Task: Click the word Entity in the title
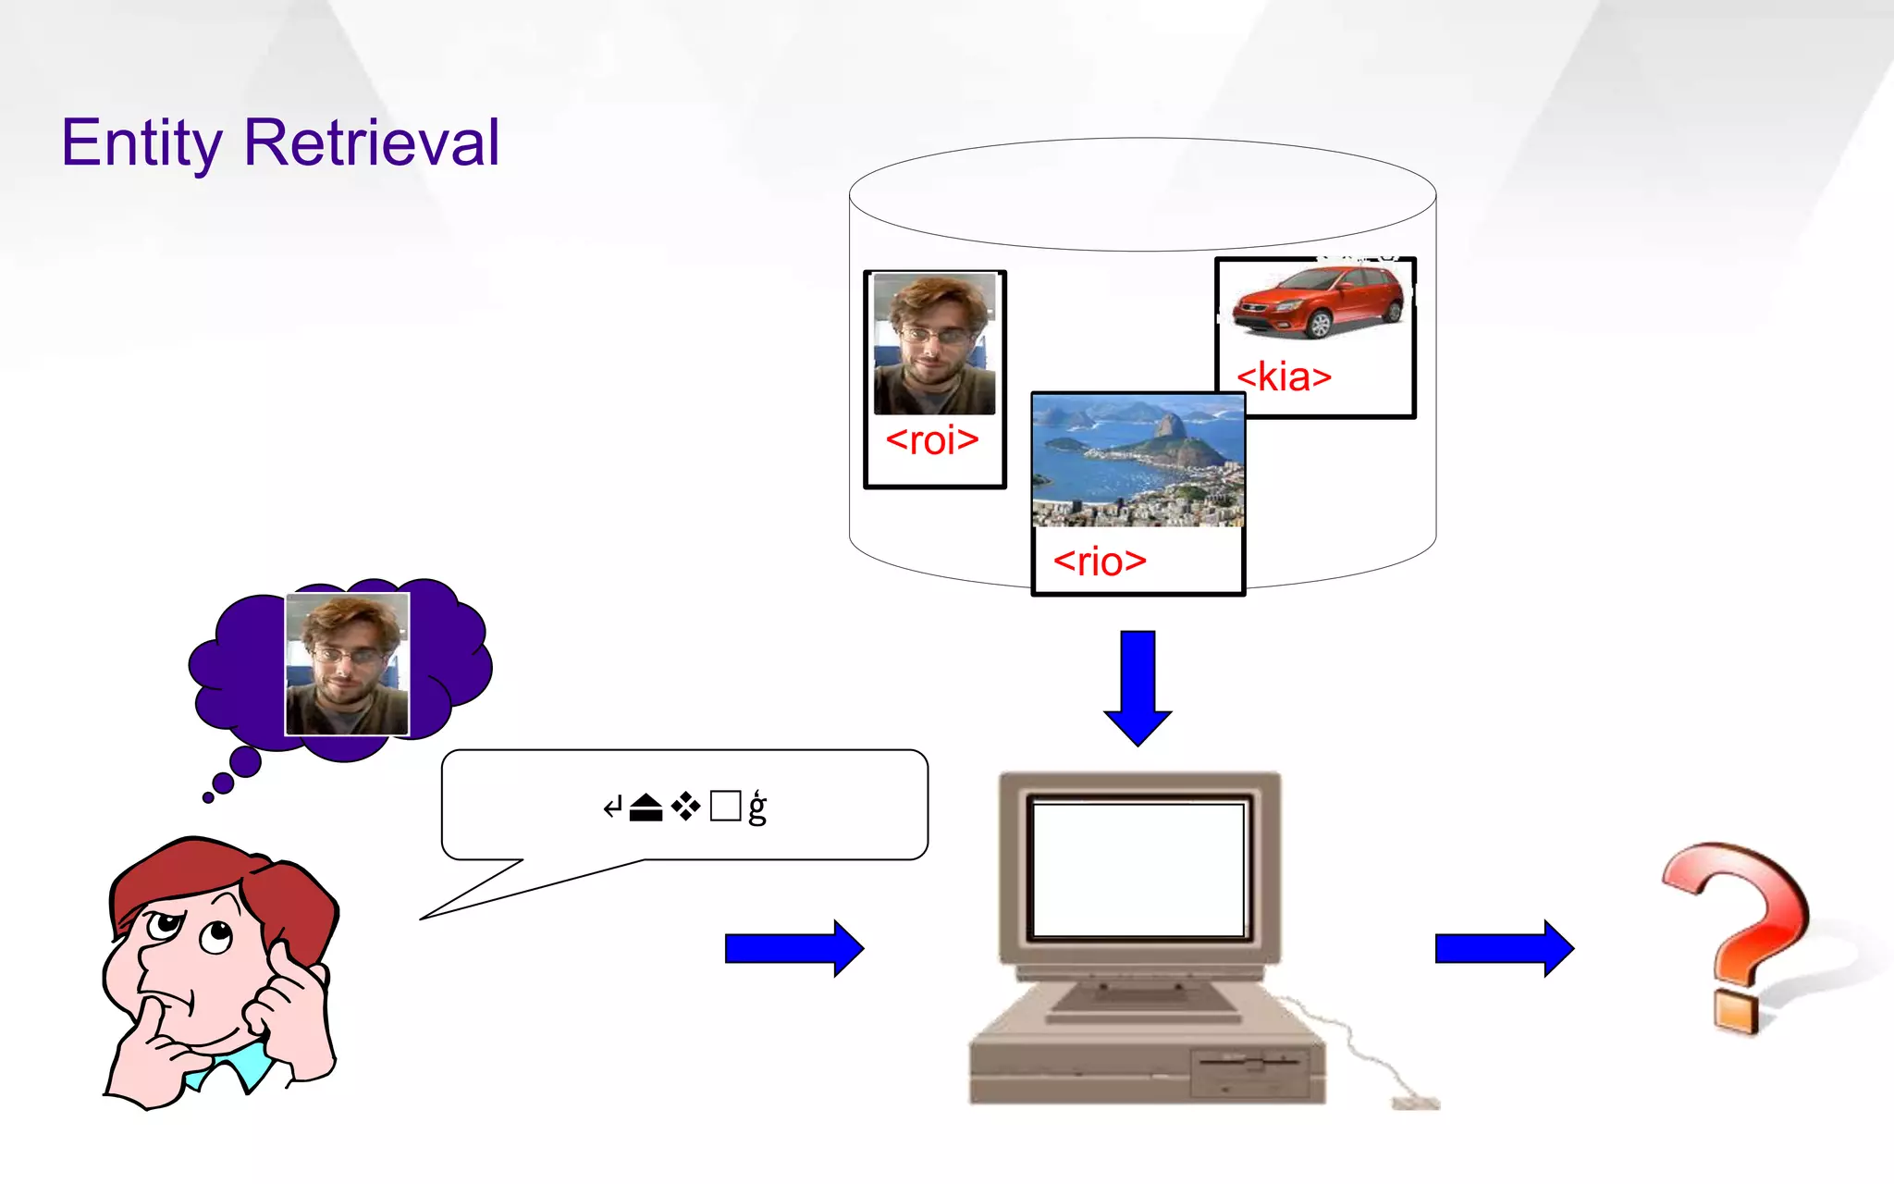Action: pos(141,143)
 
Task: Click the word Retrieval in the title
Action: pos(371,143)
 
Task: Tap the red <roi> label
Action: pos(931,440)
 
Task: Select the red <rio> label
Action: pos(1100,561)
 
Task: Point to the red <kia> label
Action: pos(1284,377)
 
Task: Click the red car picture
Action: pos(1317,301)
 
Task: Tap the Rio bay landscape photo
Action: pos(1138,460)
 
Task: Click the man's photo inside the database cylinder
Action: pos(934,344)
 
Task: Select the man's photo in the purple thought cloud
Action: pos(347,664)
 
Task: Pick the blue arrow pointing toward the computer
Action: pos(793,948)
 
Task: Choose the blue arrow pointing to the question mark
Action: pos(1504,948)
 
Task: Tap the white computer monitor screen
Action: pos(1138,869)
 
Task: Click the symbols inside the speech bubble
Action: pos(684,808)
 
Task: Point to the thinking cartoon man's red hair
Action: pos(222,879)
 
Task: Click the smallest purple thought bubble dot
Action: pos(208,797)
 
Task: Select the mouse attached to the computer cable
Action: pos(1415,1103)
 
